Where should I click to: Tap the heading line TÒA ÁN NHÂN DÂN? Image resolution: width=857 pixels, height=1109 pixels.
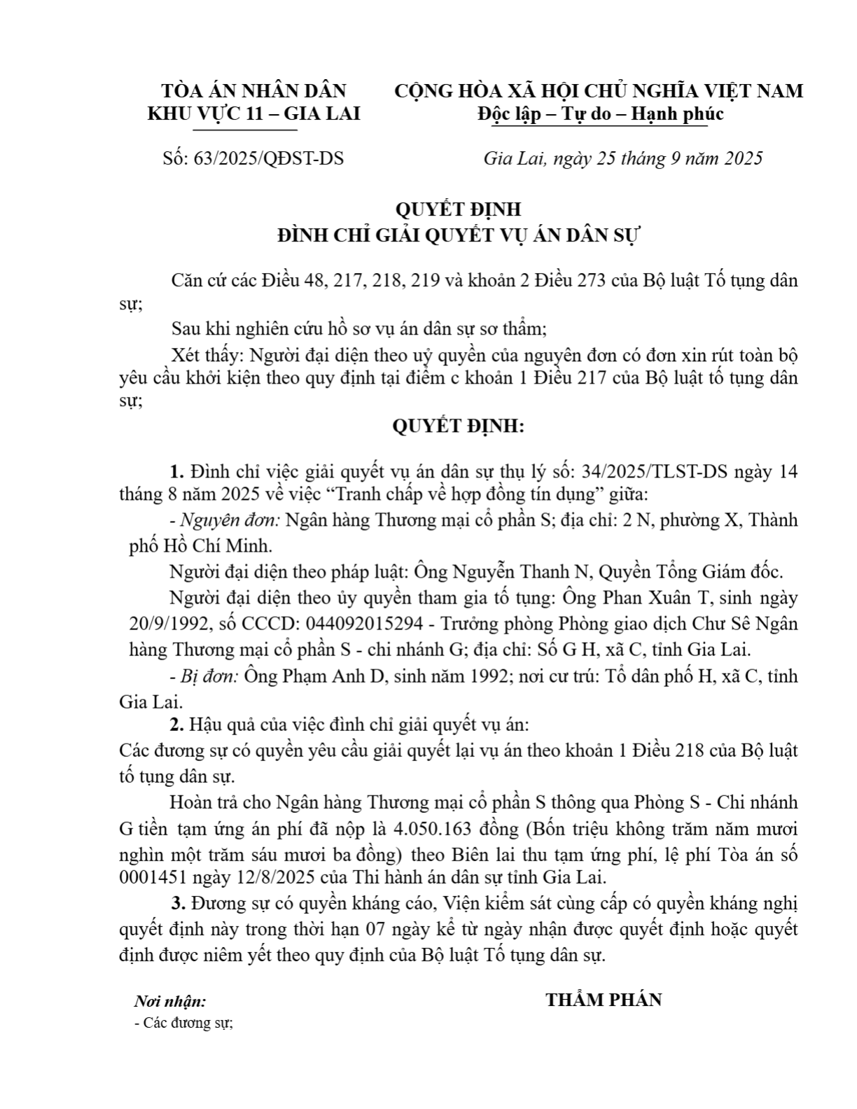point(253,91)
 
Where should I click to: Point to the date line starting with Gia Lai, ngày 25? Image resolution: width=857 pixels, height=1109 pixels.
point(622,158)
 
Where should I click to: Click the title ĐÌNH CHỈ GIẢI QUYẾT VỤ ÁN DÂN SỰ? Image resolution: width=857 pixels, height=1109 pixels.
point(459,235)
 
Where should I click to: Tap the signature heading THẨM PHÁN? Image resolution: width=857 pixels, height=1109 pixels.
point(604,1000)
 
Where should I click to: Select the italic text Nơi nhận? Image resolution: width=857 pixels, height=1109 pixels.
point(170,1002)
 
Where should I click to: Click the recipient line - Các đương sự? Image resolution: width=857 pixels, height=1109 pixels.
point(183,1023)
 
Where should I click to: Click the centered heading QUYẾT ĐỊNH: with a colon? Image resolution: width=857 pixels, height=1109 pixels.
point(458,426)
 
